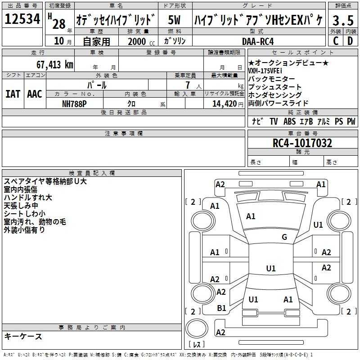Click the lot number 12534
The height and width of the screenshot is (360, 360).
pos(22,19)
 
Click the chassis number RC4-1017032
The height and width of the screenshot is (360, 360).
pos(302,144)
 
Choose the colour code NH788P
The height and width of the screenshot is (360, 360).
pos(74,103)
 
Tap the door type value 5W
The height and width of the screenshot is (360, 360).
pos(175,20)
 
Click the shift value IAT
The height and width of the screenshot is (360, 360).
pos(13,94)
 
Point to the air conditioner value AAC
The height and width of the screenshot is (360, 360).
pos(34,94)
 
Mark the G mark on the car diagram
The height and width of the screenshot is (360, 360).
pos(284,237)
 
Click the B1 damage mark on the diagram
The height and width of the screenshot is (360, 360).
pos(221,308)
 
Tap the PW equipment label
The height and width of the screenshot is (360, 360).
pos(351,121)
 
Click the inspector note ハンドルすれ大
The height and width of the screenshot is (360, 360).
pos(28,197)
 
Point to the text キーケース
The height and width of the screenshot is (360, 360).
pos(23,336)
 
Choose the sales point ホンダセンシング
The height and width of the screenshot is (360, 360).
pos(275,95)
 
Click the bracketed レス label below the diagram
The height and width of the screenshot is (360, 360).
pos(196,345)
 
